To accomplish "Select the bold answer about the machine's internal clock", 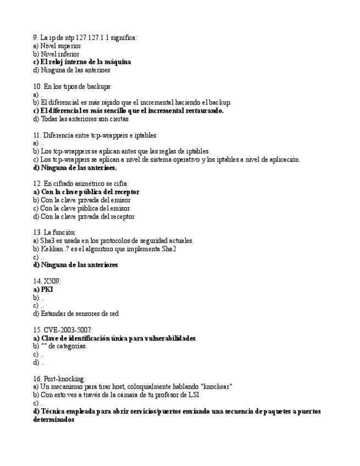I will point(82,62).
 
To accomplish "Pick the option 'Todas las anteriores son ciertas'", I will point(80,119).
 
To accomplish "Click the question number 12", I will point(37,184).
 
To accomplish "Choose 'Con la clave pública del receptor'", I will point(86,192).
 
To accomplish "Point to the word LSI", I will point(193,395).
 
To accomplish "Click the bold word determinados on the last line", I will point(53,419).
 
